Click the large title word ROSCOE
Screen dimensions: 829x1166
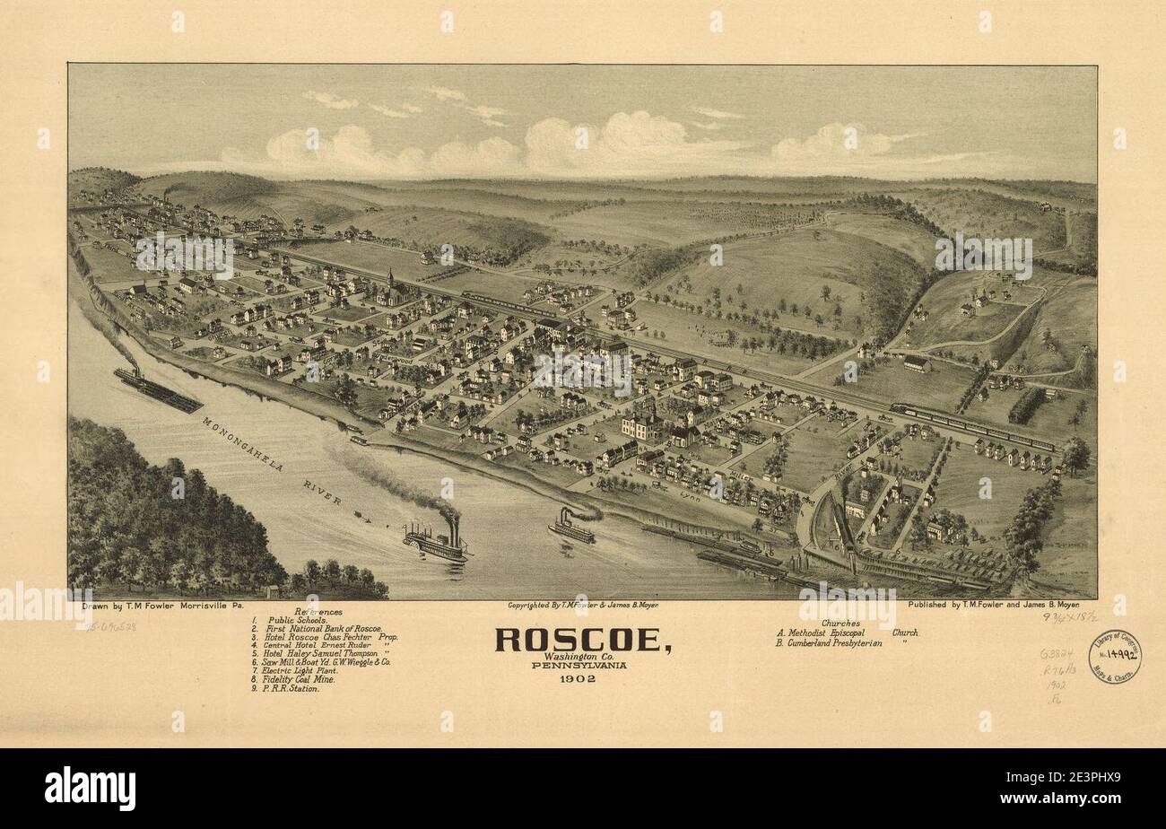click(x=584, y=640)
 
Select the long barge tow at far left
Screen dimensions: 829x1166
click(x=158, y=389)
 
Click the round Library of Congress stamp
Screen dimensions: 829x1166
click(x=1113, y=656)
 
